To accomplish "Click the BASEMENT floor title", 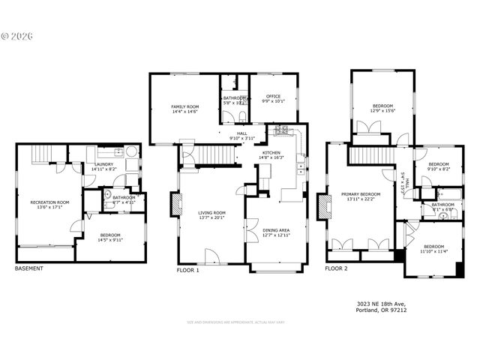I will point(29,268).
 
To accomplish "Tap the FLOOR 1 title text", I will point(187,269).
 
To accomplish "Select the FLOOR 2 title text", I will point(336,268).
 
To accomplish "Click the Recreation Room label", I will point(49,202).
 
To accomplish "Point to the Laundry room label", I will point(103,164).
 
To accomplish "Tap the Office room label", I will point(271,95).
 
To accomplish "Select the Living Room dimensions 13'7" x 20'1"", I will point(211,218).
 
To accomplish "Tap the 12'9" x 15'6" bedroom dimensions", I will point(382,111).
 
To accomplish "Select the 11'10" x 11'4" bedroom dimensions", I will point(434,251).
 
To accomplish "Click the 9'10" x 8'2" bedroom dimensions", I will point(438,169).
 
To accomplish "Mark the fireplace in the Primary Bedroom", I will point(323,206).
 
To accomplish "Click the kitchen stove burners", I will point(280,131).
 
